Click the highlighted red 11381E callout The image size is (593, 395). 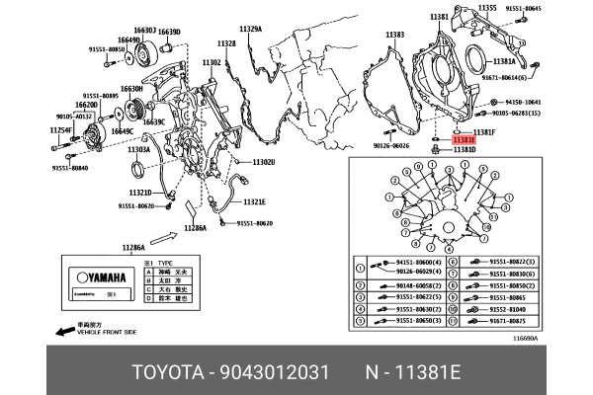point(464,141)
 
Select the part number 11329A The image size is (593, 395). point(248,30)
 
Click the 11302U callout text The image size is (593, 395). point(263,162)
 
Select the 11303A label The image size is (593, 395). point(137,149)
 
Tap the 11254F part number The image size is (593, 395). point(62,130)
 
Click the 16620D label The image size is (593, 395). point(86,104)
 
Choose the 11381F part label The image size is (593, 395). point(483,131)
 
